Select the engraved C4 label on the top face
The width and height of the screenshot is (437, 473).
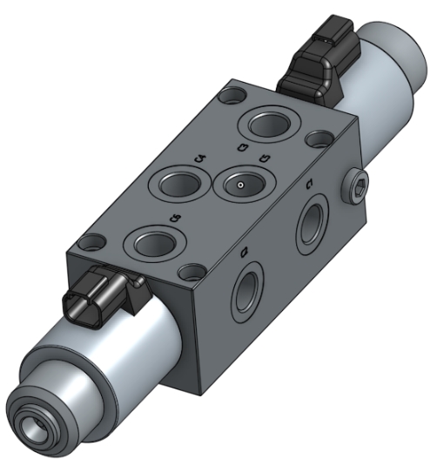pyautogui.click(x=200, y=158)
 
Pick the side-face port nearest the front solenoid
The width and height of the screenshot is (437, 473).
pyautogui.click(x=248, y=287)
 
